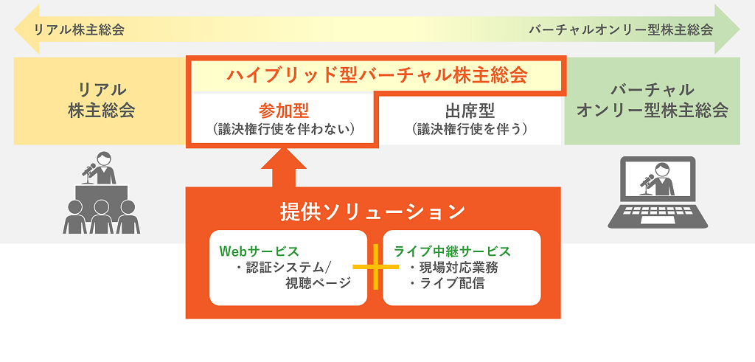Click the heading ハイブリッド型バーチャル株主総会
point(377,76)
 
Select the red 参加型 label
point(283,111)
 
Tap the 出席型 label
point(470,111)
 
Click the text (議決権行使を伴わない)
point(283,130)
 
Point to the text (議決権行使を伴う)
point(470,130)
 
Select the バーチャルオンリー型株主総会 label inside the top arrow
point(621,29)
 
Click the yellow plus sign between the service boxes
point(375,267)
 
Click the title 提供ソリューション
point(372,212)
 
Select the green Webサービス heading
point(259,251)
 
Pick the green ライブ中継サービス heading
point(452,251)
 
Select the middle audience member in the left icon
point(101,217)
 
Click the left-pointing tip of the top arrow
point(15,29)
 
